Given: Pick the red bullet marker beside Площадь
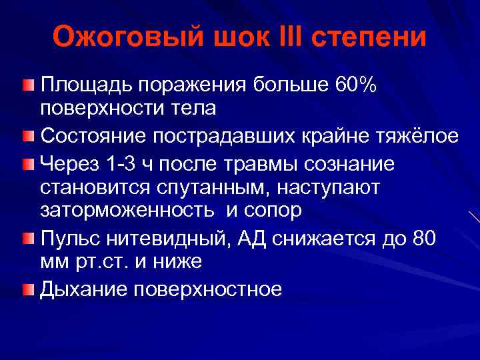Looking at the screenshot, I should pos(27,85).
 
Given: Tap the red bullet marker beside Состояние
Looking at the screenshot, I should pos(27,136).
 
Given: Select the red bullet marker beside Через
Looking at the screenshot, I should pos(27,163).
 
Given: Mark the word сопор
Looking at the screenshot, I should pos(267,211).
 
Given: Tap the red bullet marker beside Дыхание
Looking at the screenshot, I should pos(27,289).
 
